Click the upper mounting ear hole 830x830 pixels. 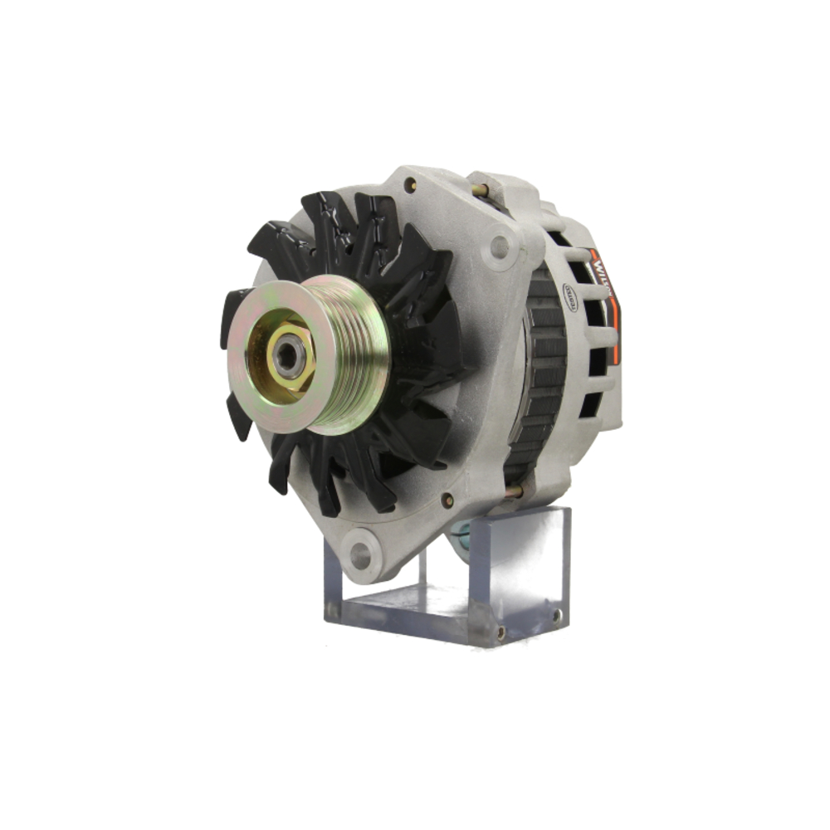pyautogui.click(x=499, y=246)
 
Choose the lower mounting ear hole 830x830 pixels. pyautogui.click(x=361, y=554)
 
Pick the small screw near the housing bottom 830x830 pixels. pyautogui.click(x=447, y=500)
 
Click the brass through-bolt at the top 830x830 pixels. pyautogui.click(x=480, y=190)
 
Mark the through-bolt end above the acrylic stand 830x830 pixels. pyautogui.click(x=515, y=492)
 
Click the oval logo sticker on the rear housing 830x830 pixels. pyautogui.click(x=571, y=295)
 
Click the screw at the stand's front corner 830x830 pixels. pyautogui.click(x=500, y=632)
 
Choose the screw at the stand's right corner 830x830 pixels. pyautogui.click(x=556, y=615)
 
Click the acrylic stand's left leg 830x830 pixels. pyautogui.click(x=332, y=581)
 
